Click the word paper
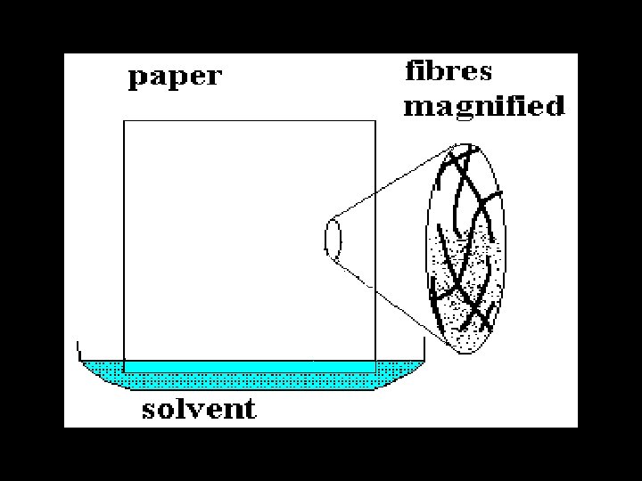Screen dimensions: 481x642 coord(174,77)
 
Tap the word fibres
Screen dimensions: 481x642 coord(449,70)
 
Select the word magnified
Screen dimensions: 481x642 coord(484,107)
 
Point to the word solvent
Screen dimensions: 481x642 coord(199,409)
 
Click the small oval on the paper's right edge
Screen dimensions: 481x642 coord(333,240)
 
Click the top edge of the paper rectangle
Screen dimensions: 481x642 coord(249,120)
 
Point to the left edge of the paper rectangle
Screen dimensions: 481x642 coord(123,240)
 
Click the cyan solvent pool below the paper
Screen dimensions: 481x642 coord(250,377)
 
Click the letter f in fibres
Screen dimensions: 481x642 coord(413,69)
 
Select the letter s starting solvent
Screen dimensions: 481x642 coord(149,411)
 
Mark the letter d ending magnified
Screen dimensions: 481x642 coord(556,106)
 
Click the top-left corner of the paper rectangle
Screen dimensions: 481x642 coord(123,120)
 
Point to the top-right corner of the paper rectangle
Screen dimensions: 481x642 coord(374,120)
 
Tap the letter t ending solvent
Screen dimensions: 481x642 coord(250,410)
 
